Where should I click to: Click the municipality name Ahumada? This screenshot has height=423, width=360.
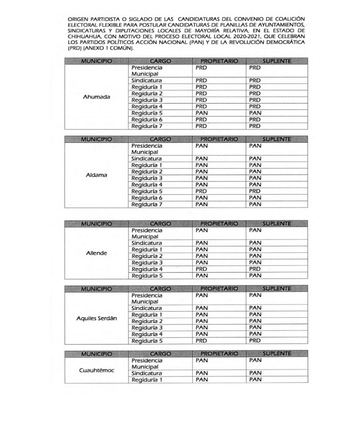click(x=96, y=97)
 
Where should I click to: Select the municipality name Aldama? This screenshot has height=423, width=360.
click(x=96, y=175)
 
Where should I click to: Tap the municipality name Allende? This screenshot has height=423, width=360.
click(x=96, y=253)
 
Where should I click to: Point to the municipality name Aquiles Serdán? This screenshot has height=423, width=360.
click(x=96, y=318)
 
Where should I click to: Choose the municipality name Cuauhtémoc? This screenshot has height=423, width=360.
click(x=96, y=370)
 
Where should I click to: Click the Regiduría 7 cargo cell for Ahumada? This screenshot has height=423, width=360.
click(x=147, y=126)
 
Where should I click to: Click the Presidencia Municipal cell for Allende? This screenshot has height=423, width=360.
click(x=147, y=233)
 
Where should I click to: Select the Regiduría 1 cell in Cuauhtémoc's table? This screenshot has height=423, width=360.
click(x=147, y=379)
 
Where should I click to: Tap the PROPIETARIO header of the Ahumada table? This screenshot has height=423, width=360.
click(x=219, y=61)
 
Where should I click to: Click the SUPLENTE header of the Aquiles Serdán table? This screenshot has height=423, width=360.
click(x=277, y=289)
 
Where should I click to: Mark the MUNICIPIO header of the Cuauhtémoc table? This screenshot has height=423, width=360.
click(x=96, y=353)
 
